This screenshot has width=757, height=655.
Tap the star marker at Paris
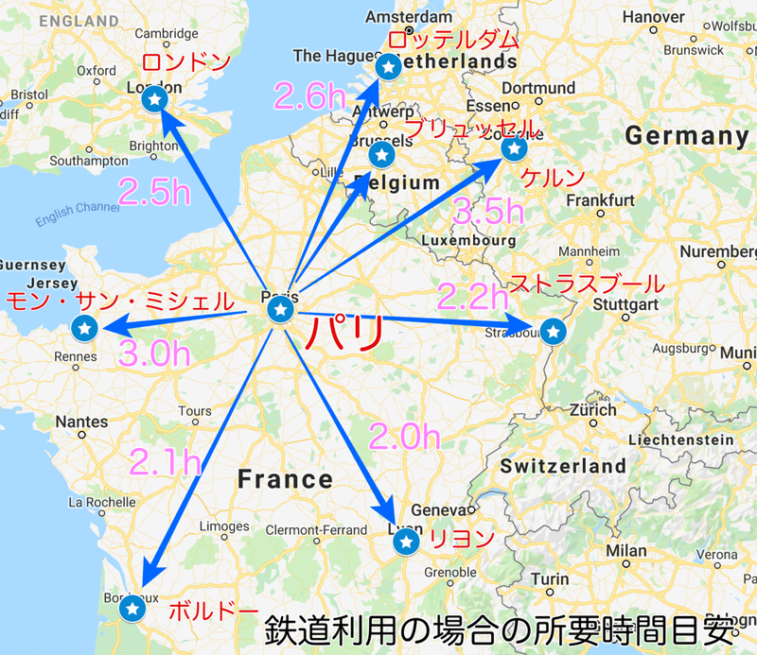[x=279, y=311]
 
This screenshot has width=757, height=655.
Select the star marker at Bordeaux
[x=132, y=611]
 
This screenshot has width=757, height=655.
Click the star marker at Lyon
[x=406, y=542]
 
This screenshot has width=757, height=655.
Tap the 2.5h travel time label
[x=155, y=191]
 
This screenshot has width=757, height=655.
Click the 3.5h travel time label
[x=488, y=212]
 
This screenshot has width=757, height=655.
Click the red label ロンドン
[x=186, y=63]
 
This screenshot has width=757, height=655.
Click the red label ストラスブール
[x=587, y=284]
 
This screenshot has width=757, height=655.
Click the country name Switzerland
[x=563, y=466]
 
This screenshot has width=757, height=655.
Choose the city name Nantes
[x=81, y=422]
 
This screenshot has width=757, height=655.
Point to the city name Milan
[x=627, y=550]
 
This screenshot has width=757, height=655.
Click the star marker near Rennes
[x=85, y=329]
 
